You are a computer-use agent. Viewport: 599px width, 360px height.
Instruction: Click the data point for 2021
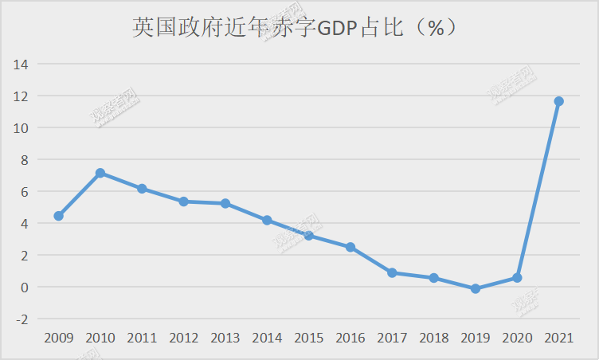tap(558, 101)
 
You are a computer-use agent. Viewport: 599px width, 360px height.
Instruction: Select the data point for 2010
tap(100, 173)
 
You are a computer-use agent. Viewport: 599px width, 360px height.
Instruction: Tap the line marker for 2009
tap(59, 216)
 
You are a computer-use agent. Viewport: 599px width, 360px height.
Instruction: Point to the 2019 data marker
tap(476, 289)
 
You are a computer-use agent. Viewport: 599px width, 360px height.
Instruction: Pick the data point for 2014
tap(267, 220)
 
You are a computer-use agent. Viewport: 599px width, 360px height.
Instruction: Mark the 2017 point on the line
tap(392, 272)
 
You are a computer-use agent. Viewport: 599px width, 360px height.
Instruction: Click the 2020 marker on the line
tap(517, 278)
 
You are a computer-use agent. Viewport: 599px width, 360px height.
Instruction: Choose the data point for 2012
tap(184, 202)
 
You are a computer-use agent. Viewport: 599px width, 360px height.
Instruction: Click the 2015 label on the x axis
tap(308, 338)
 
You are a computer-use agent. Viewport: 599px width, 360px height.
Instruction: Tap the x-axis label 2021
tap(558, 338)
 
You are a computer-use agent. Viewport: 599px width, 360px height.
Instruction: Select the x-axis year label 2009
tap(59, 338)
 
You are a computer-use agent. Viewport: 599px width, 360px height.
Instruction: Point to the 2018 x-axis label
tap(433, 338)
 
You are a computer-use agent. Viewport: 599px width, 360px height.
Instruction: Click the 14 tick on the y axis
tap(21, 64)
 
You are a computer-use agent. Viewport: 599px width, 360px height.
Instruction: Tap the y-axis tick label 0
tap(25, 287)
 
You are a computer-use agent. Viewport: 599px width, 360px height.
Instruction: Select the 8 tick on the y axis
tap(25, 159)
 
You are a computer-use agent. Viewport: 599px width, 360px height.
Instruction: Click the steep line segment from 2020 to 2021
tap(538, 190)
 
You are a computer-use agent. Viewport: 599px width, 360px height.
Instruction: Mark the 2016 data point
tap(350, 248)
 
